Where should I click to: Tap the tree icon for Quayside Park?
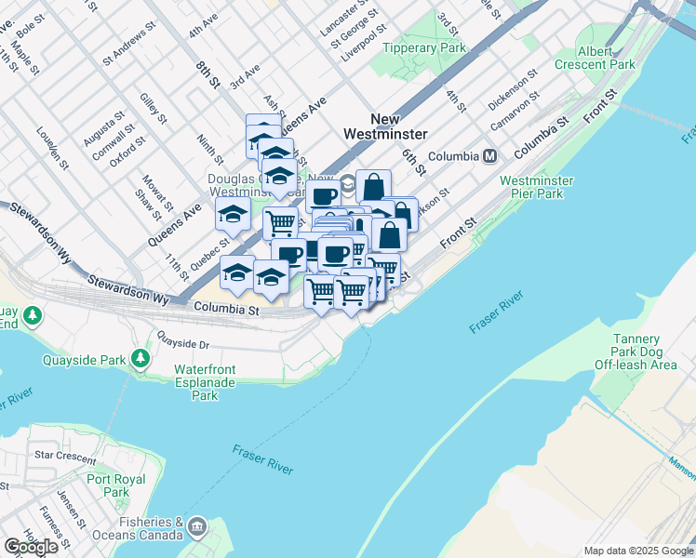pos(140,357)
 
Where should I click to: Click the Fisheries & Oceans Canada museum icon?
pos(196,527)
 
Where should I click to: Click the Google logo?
pos(31,547)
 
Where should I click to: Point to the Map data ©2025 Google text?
pos(637,551)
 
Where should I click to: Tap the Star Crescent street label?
pos(64,458)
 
